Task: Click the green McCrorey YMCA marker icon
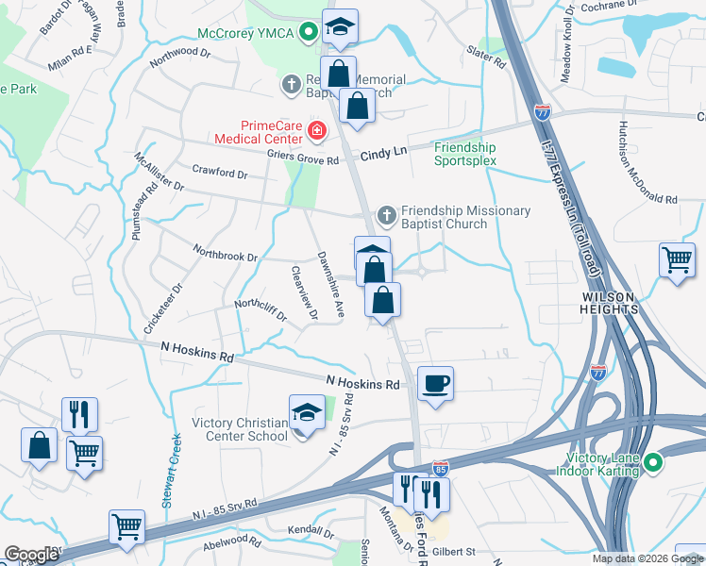(x=308, y=33)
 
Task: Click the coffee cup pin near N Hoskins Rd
(x=435, y=384)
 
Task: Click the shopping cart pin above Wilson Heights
(x=678, y=259)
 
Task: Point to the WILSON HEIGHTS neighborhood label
(x=612, y=296)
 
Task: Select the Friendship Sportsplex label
(x=464, y=154)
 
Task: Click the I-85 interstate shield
(x=440, y=468)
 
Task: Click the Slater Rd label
(x=487, y=57)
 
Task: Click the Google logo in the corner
(x=31, y=555)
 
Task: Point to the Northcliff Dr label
(x=260, y=309)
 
